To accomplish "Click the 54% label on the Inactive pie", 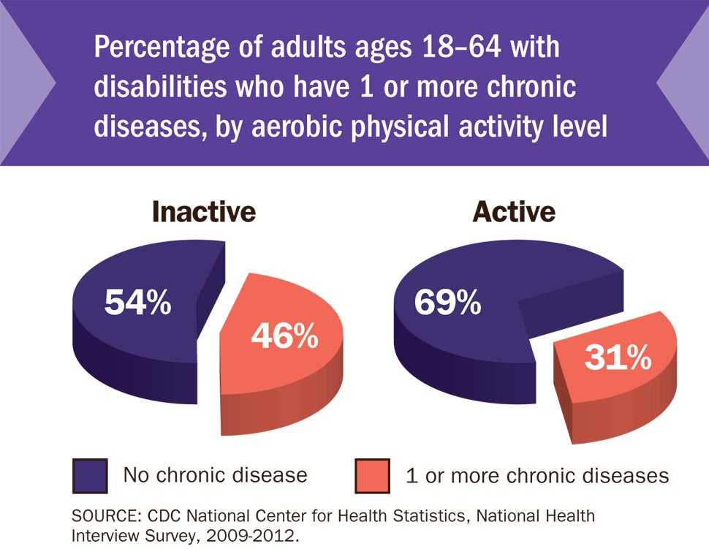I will click(x=137, y=302).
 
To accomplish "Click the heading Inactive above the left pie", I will click(x=203, y=212).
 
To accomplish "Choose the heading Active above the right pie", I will click(x=514, y=212).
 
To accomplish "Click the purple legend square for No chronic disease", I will click(x=91, y=476).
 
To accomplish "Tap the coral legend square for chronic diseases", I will click(x=373, y=476).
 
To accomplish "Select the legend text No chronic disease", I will click(x=215, y=475).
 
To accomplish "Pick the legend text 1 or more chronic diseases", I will click(x=537, y=476).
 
